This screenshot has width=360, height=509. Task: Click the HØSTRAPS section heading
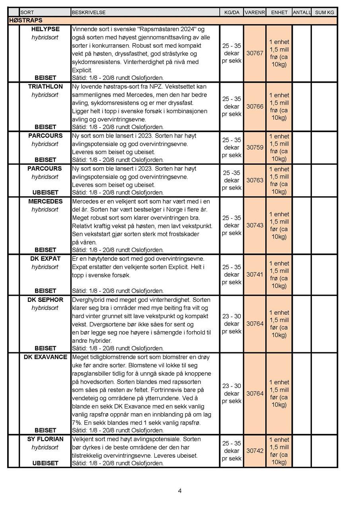(25, 20)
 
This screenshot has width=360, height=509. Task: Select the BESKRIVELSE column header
(88, 12)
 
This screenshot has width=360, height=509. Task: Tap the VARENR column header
(255, 12)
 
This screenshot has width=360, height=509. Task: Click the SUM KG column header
(325, 12)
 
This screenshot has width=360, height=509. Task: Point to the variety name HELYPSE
(45, 29)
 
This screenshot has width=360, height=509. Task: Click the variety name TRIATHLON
(45, 86)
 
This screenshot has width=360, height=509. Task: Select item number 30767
(255, 53)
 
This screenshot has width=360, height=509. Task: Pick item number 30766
(255, 106)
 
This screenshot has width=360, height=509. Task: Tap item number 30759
(255, 148)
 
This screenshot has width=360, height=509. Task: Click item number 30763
(255, 180)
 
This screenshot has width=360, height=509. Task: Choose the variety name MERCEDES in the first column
(45, 201)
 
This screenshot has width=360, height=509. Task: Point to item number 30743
(255, 225)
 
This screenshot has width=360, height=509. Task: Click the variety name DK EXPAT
(45, 258)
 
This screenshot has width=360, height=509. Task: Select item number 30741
(255, 274)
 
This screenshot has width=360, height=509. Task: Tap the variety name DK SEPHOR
(45, 299)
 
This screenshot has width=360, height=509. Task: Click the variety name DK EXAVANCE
(45, 357)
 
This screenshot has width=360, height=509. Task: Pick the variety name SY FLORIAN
(45, 439)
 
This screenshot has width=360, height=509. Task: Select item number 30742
(255, 451)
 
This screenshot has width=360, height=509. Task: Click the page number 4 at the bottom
(180, 491)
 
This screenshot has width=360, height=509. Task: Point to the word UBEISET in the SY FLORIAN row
(45, 463)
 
